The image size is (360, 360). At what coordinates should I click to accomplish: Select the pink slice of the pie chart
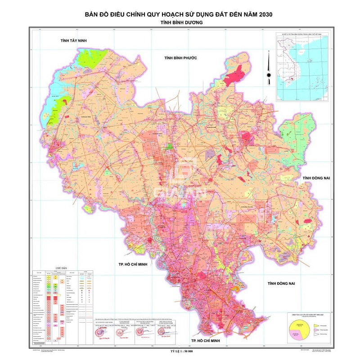click(295, 334)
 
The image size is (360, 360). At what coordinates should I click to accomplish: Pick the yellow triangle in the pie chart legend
click(316, 325)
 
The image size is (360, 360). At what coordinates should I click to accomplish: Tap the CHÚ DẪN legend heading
click(61, 269)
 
